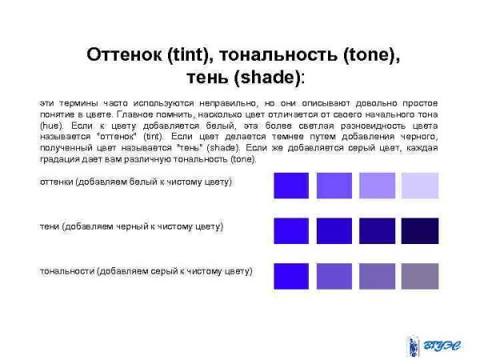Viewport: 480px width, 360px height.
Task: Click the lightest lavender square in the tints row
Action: tap(419, 185)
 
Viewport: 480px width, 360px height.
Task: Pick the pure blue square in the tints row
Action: tap(292, 185)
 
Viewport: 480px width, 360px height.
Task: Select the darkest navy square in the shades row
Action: tap(419, 230)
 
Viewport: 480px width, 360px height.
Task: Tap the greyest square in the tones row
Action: tap(419, 276)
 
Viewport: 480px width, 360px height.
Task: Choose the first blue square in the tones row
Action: tap(292, 276)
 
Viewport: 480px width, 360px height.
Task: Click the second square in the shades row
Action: tap(334, 230)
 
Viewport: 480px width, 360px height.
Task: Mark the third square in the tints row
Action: tap(377, 185)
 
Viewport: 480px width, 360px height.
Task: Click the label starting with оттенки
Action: tap(136, 182)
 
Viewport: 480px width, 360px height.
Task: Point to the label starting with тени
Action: tap(131, 226)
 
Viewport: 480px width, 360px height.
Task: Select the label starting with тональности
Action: tap(146, 271)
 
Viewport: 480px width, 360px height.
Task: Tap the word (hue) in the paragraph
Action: tap(50, 126)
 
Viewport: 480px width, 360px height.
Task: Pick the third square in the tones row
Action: tap(377, 276)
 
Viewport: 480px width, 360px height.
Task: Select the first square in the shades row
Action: tap(292, 230)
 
